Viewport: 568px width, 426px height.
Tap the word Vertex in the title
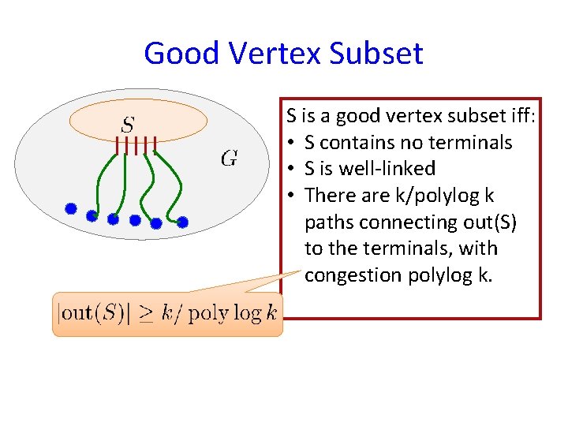(x=277, y=54)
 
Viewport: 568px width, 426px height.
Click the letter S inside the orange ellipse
(x=128, y=124)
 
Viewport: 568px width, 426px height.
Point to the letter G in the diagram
(x=230, y=159)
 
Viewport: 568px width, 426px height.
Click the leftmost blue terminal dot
(x=70, y=209)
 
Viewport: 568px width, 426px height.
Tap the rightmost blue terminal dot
(x=182, y=222)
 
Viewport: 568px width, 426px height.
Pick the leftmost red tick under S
(x=117, y=145)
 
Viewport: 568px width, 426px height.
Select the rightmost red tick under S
(x=155, y=145)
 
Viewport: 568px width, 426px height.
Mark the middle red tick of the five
(x=136, y=145)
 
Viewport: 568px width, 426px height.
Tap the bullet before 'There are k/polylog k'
(x=292, y=195)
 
